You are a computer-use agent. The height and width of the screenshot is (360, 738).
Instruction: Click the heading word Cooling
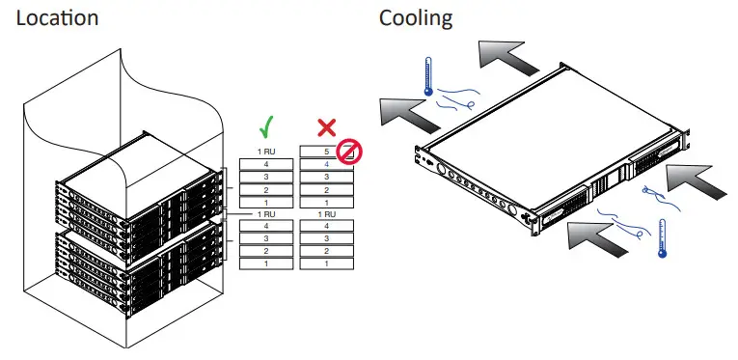click(x=415, y=18)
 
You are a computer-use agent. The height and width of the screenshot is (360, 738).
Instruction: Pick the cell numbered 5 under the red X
click(x=325, y=152)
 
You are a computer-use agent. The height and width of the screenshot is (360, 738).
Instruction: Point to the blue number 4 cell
click(x=325, y=165)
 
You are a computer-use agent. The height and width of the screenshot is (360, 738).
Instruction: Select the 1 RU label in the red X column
click(x=326, y=212)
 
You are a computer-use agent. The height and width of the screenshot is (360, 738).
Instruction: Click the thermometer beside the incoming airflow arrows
click(x=662, y=237)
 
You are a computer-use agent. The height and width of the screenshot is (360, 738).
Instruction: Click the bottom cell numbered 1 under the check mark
click(x=266, y=263)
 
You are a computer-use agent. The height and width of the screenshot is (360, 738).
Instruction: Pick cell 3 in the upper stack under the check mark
click(x=266, y=178)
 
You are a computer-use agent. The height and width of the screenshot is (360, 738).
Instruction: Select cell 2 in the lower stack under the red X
click(x=326, y=250)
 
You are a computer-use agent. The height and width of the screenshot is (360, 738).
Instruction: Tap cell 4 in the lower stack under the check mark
click(x=266, y=225)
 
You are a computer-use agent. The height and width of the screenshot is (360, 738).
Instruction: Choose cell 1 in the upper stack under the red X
click(x=326, y=202)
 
